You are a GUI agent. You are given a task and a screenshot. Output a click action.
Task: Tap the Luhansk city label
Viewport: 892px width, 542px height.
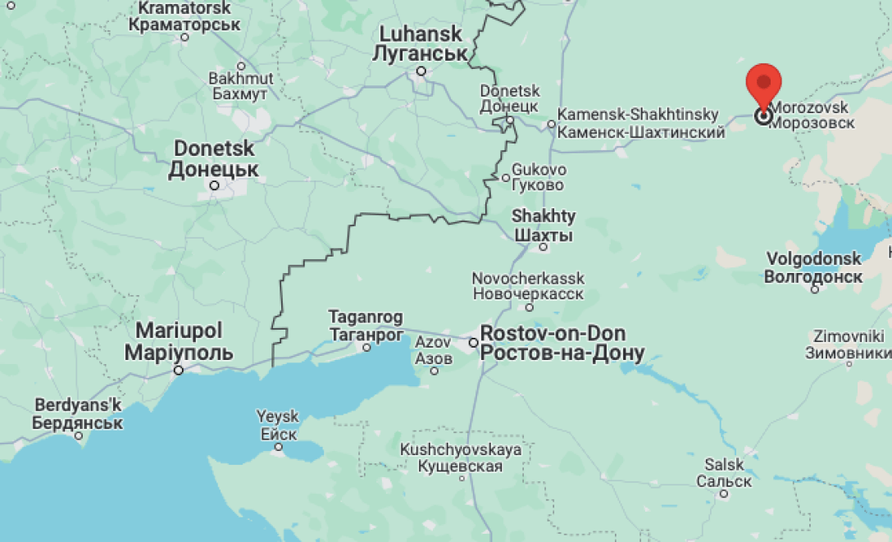pos(420,45)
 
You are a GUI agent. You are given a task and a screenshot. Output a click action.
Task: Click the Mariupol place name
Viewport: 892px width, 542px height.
pos(179,342)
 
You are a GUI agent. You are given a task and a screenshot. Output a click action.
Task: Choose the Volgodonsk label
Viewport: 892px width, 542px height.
pos(813,267)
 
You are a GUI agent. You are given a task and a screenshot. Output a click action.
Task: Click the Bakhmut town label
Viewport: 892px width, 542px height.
pos(240,86)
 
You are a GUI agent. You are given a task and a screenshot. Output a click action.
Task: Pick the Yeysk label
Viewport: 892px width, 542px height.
pos(278,425)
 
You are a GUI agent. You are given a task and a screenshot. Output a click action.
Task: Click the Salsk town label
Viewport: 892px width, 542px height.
pos(724,472)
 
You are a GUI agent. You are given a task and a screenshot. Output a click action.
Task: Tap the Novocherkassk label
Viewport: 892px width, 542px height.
pos(527,286)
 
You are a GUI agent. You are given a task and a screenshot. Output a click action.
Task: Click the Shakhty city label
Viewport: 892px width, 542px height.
pos(543,225)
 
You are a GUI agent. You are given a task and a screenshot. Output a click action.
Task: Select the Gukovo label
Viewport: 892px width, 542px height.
pos(538,177)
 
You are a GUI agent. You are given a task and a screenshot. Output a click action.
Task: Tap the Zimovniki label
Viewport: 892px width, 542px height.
pos(848,344)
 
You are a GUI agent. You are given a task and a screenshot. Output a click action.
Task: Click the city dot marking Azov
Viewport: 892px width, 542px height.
pos(435,371)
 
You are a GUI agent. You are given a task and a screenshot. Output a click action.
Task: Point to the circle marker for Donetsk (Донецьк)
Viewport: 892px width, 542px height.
pos(215,186)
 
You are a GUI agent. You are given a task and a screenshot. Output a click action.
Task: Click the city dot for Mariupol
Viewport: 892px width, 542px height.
pos(178,371)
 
